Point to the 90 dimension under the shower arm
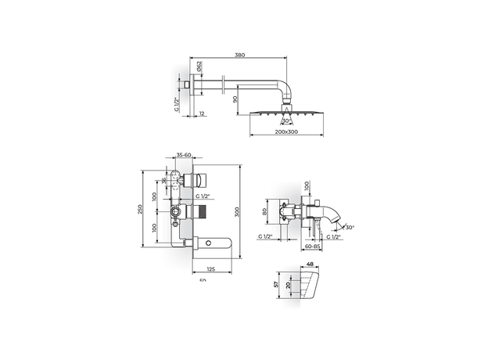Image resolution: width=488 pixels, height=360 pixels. pyautogui.click(x=235, y=99)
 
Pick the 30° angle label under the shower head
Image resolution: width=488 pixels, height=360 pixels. pyautogui.click(x=286, y=121)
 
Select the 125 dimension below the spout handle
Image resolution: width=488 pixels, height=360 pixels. pyautogui.click(x=200, y=268)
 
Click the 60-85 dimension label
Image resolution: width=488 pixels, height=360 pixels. pyautogui.click(x=314, y=245)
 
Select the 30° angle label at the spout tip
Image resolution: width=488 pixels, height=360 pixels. pyautogui.click(x=349, y=228)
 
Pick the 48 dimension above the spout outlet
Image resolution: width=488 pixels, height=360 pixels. pyautogui.click(x=310, y=265)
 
